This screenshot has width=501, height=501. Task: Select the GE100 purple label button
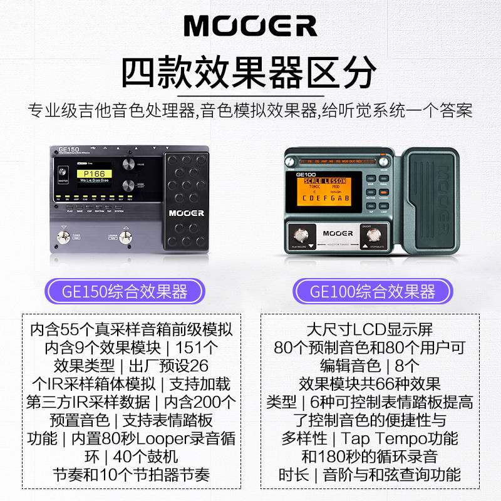click(374, 292)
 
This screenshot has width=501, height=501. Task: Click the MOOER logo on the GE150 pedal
click(185, 213)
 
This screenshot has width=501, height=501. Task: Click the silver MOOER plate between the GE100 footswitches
click(338, 234)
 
